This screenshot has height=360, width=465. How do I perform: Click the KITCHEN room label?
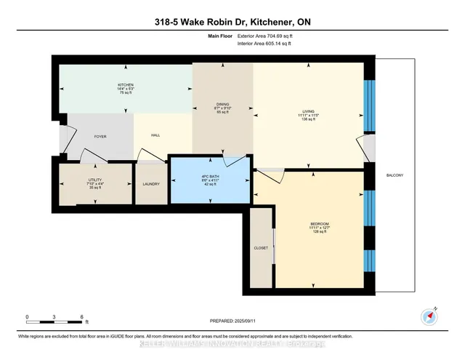click(126, 85)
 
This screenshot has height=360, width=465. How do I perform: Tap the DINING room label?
click(222, 104)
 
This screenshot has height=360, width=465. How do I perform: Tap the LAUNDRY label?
click(152, 183)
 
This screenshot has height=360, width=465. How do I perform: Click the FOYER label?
click(100, 136)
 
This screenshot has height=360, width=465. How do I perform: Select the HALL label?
click(155, 135)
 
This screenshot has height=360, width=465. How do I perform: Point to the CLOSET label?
click(261, 247)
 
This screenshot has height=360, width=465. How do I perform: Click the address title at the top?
click(232, 22)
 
